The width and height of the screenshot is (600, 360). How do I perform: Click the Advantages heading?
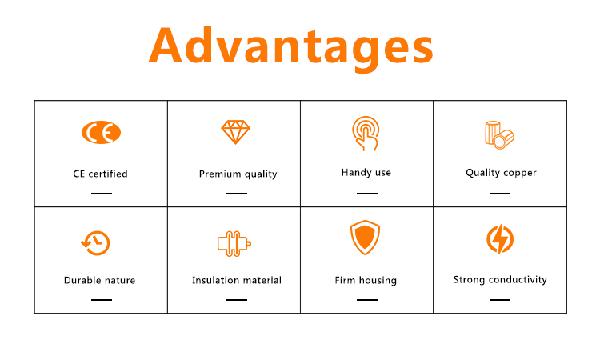tap(291, 47)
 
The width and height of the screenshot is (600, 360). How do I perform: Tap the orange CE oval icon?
tap(101, 132)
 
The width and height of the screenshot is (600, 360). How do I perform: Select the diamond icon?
tap(236, 132)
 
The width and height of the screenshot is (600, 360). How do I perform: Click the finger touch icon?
tap(366, 134)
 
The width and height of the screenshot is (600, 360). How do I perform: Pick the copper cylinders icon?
tap(499, 135)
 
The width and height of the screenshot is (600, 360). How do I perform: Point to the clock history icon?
tap(96, 243)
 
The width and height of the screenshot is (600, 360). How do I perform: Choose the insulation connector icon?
tap(234, 244)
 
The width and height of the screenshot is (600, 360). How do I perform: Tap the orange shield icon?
tap(366, 237)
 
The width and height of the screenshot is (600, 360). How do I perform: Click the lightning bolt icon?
tap(500, 239)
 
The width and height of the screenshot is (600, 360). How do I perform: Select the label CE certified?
tap(100, 174)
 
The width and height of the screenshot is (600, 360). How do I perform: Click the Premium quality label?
tap(238, 174)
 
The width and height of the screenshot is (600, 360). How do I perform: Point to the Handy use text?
tap(366, 173)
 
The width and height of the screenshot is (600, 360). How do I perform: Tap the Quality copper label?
tap(501, 173)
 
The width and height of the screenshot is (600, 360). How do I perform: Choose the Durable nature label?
tap(99, 281)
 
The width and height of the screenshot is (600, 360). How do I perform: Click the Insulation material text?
tap(237, 281)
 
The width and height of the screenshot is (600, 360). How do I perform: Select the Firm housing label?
tap(366, 281)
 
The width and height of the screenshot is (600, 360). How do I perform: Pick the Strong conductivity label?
tap(500, 280)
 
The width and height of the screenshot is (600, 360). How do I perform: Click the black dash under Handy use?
tap(367, 194)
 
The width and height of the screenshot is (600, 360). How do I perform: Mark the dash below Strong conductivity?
tap(500, 300)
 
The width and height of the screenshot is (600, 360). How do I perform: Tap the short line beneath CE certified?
tap(102, 194)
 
